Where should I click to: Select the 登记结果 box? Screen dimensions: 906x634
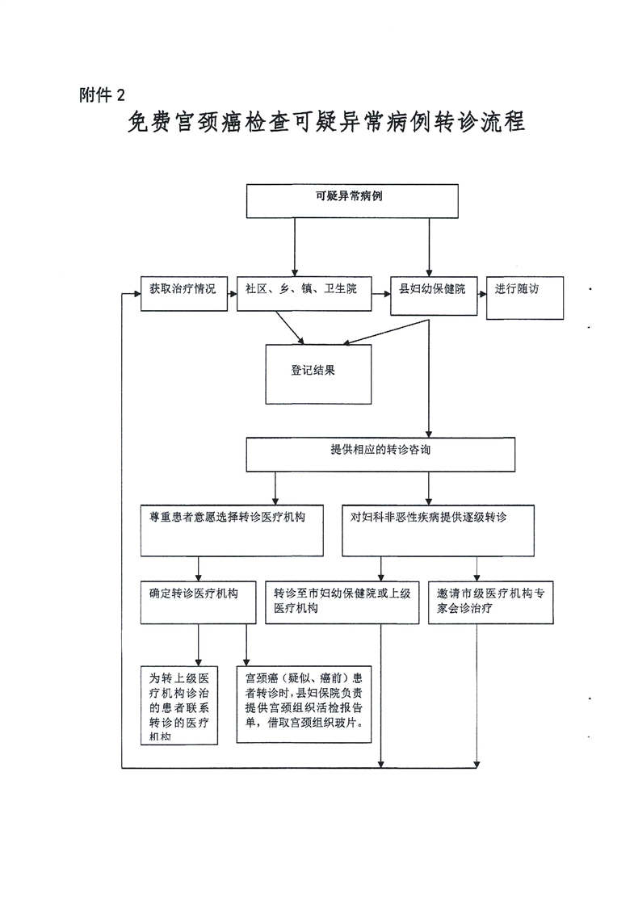click(x=318, y=374)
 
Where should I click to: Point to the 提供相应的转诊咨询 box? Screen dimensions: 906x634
click(x=380, y=455)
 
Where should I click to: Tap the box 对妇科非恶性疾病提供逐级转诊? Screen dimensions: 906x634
click(x=437, y=531)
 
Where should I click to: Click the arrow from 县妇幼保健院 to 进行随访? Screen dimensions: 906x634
click(x=481, y=294)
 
